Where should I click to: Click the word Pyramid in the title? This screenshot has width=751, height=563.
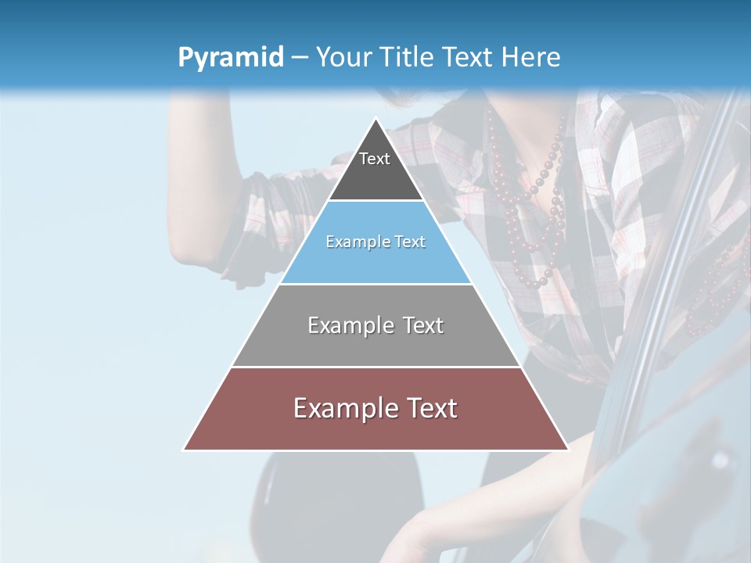click(231, 58)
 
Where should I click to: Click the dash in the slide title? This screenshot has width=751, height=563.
click(300, 58)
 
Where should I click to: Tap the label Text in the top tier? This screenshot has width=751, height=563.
click(375, 159)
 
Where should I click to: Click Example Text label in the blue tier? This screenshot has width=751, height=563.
click(375, 242)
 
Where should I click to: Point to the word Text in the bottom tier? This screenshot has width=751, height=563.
click(429, 408)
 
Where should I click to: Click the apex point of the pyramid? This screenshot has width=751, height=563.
click(375, 119)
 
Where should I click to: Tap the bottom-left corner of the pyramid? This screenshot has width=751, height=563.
click(184, 450)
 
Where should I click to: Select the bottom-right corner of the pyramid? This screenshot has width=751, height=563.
click(568, 450)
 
